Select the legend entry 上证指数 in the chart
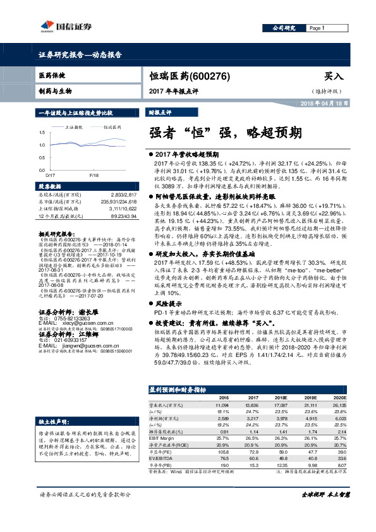[x=75, y=126]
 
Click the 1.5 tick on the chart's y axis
[x=41, y=132]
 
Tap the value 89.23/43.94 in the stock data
[x=123, y=216]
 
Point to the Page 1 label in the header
[x=317, y=28]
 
